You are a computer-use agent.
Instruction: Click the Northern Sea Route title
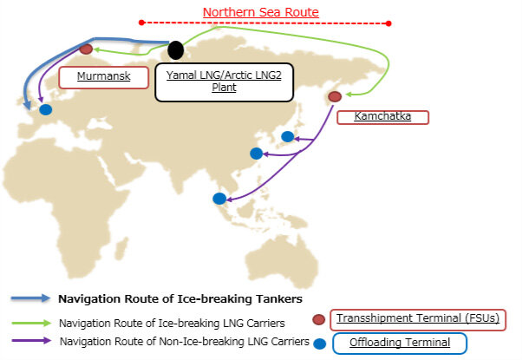[x=260, y=12]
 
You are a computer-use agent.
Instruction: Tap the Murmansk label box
[x=103, y=76]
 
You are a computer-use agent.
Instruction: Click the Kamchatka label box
[x=382, y=116]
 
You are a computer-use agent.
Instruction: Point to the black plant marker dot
[x=176, y=50]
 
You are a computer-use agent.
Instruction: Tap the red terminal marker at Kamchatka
[x=335, y=96]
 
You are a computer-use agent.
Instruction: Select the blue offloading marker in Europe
[x=45, y=109]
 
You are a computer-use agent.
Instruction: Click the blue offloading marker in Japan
[x=288, y=136]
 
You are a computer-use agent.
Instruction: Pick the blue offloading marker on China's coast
[x=256, y=154]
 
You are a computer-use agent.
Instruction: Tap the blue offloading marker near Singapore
[x=219, y=199]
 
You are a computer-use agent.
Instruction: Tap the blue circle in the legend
[x=319, y=344]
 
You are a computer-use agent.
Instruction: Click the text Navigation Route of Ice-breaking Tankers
[x=179, y=298]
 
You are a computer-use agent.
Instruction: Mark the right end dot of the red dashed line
[x=389, y=23]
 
